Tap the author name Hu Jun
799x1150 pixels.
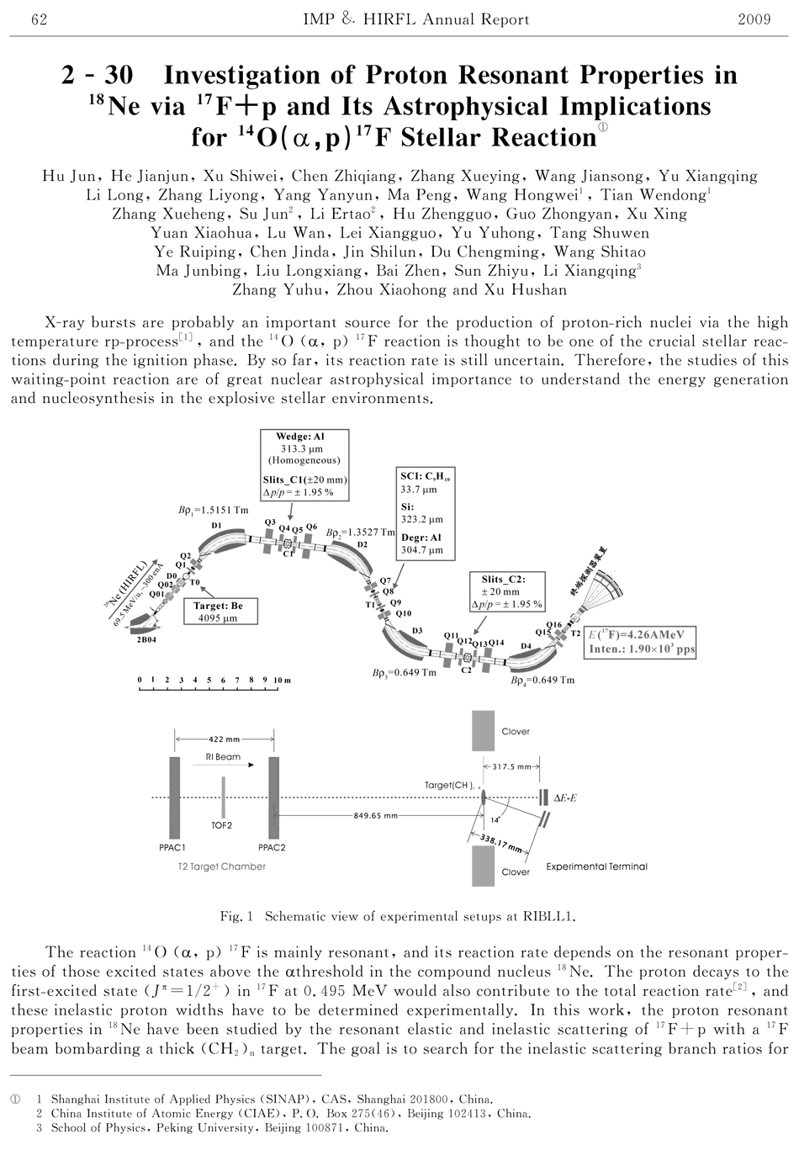66,177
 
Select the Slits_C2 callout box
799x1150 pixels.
507,591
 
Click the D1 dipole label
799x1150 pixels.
217,526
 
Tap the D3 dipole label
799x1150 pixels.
418,630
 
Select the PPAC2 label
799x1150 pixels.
272,848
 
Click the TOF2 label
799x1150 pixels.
223,826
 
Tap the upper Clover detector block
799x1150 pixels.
484,730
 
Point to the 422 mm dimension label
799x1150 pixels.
224,739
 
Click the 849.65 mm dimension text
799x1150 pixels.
376,815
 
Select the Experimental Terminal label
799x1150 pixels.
597,866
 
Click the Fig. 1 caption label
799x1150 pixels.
237,916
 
